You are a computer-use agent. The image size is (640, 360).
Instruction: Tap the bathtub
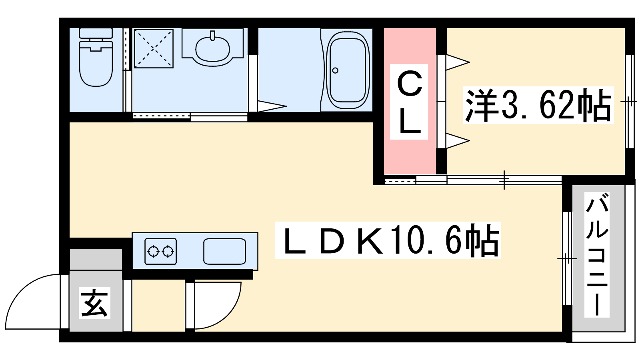(348, 70)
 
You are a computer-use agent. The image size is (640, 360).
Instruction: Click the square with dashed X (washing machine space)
(153, 48)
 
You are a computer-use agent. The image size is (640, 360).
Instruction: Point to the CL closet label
(409, 102)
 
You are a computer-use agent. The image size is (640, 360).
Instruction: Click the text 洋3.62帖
(538, 105)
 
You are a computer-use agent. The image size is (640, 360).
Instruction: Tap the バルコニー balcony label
(597, 254)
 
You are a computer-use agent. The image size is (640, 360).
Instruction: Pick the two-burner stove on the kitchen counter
(160, 252)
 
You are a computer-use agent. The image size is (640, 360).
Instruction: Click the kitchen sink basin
(224, 252)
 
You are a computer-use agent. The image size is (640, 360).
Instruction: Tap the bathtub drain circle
(335, 71)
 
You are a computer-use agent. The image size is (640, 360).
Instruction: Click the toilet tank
(96, 33)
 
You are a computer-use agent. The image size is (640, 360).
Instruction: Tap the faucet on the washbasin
(212, 36)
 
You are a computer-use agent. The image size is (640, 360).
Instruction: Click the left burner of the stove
(153, 252)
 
